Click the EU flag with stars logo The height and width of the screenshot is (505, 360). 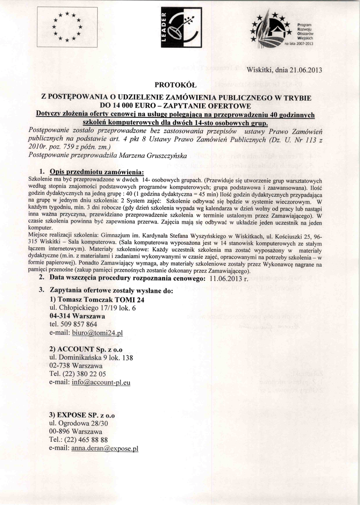click(x=67, y=27)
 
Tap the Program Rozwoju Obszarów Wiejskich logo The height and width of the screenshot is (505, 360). click(x=282, y=30)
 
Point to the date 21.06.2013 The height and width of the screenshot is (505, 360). click(x=301, y=70)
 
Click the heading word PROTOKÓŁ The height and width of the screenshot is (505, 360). click(x=176, y=84)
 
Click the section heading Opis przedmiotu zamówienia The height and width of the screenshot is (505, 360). click(x=97, y=172)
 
